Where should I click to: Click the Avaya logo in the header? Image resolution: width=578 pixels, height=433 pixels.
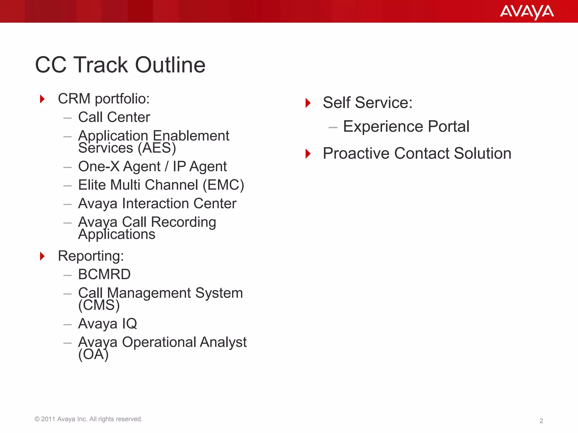pyautogui.click(x=527, y=12)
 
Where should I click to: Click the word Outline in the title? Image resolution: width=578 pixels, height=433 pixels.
pyautogui.click(x=170, y=65)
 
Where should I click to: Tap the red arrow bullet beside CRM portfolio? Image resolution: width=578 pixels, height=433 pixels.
pyautogui.click(x=42, y=99)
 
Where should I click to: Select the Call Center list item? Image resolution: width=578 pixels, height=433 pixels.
pyautogui.click(x=114, y=117)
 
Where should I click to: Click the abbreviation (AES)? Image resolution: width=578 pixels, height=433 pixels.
pyautogui.click(x=157, y=148)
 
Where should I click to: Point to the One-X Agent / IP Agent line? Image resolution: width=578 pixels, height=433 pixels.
pyautogui.click(x=152, y=166)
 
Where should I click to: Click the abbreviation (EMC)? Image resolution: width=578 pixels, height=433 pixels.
pyautogui.click(x=223, y=185)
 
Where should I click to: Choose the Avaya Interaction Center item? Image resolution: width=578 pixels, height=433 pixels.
pyautogui.click(x=157, y=204)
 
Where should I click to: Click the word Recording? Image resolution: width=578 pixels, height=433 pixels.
pyautogui.click(x=183, y=222)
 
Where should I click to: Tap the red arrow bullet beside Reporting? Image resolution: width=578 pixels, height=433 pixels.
pyautogui.click(x=42, y=256)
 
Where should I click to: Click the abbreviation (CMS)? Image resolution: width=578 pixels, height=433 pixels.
pyautogui.click(x=99, y=305)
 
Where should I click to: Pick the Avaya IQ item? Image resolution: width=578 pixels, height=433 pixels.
pyautogui.click(x=108, y=324)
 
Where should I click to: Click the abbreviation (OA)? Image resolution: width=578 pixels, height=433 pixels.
pyautogui.click(x=93, y=354)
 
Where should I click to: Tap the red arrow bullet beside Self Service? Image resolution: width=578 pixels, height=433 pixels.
pyautogui.click(x=308, y=103)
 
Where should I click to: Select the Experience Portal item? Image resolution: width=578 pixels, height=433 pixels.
pyautogui.click(x=406, y=126)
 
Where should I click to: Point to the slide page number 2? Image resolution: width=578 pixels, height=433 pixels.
pyautogui.click(x=541, y=421)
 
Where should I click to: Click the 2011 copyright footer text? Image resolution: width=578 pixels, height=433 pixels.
pyautogui.click(x=88, y=419)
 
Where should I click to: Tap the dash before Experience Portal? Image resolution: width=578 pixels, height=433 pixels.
pyautogui.click(x=333, y=127)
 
